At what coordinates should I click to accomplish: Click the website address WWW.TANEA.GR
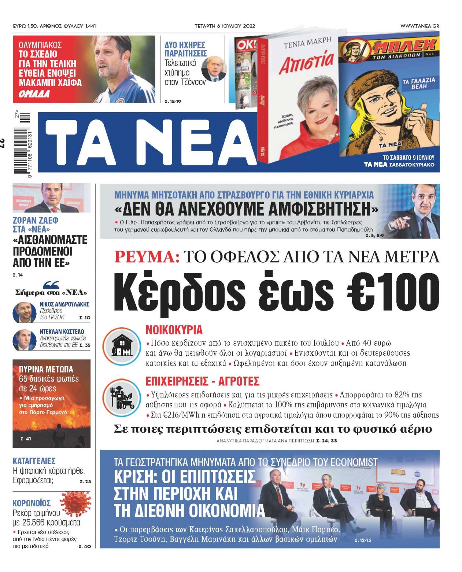pyautogui.click(x=419, y=26)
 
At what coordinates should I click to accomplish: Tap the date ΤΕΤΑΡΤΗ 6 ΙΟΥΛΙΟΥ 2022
pyautogui.click(x=225, y=26)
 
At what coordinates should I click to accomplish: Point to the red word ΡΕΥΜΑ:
pyautogui.click(x=147, y=257)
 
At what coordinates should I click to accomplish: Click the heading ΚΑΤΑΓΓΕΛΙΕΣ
pyautogui.click(x=34, y=461)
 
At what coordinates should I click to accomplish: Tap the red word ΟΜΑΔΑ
pyautogui.click(x=34, y=94)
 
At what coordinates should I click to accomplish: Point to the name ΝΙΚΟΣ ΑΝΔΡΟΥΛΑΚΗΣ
pyautogui.click(x=64, y=304)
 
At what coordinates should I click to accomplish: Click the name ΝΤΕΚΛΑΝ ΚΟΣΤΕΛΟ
pyautogui.click(x=62, y=331)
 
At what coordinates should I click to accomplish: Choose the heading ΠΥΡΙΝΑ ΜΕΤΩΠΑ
pyautogui.click(x=46, y=369)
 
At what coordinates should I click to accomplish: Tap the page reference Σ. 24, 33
pyautogui.click(x=326, y=440)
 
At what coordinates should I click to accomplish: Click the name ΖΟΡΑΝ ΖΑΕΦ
pyautogui.click(x=36, y=220)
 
